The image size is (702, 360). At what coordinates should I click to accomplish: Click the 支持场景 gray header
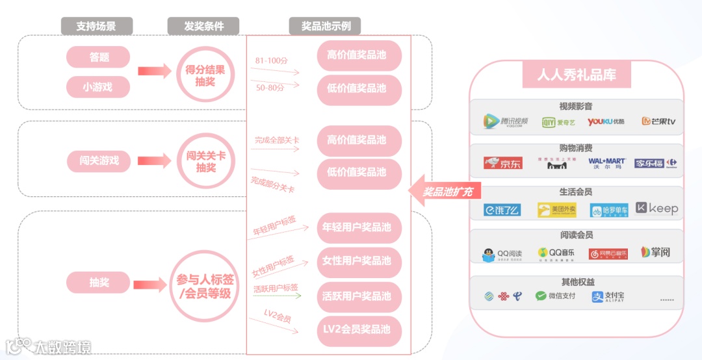click(97, 26)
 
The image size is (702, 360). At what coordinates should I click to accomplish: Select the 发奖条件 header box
click(203, 26)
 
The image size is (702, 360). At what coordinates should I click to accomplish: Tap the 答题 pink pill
click(98, 57)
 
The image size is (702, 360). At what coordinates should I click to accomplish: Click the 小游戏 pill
click(98, 86)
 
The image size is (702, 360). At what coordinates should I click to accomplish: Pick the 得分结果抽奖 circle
click(205, 75)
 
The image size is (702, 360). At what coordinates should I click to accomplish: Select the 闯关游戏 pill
click(98, 161)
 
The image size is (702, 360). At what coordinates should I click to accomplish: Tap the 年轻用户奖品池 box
click(359, 228)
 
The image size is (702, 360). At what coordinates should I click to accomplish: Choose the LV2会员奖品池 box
click(359, 330)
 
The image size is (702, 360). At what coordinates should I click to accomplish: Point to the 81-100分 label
click(271, 60)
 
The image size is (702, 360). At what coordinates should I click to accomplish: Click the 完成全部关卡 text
click(276, 140)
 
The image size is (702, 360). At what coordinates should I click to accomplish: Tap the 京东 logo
click(502, 163)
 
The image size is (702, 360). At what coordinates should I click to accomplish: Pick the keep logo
click(656, 209)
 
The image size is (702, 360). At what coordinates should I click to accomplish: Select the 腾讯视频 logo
click(506, 122)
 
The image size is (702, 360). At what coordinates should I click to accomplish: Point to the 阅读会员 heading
click(576, 235)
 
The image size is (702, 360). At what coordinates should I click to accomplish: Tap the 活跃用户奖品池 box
click(359, 296)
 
